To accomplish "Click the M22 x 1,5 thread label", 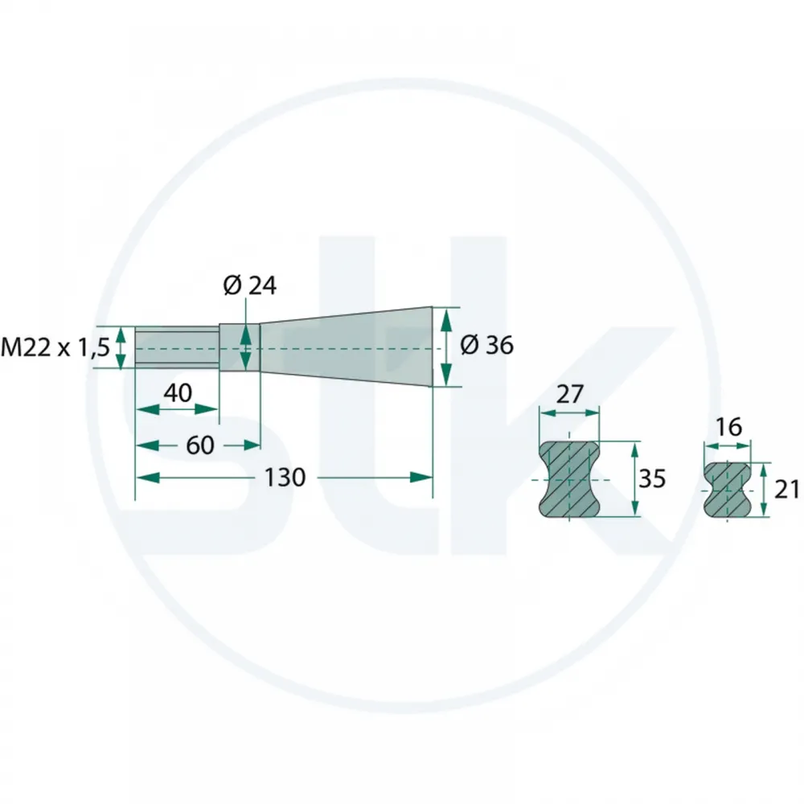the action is [x=55, y=347].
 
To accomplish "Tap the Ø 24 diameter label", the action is [x=250, y=285].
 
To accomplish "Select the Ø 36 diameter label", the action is [x=486, y=345].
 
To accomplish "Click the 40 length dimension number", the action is [x=178, y=393].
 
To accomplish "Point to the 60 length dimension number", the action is [x=200, y=445].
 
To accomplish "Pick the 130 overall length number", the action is [x=285, y=478].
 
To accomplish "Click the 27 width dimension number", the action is [x=569, y=394].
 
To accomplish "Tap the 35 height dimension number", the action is [x=652, y=479].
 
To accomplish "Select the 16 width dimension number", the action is [x=728, y=427].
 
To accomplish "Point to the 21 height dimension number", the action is [x=786, y=490].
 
